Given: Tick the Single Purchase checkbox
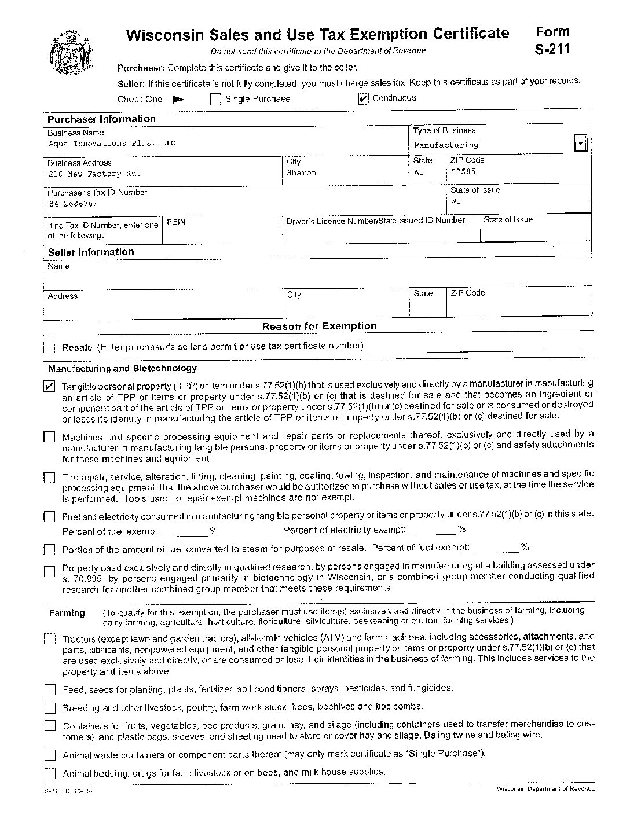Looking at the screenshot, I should point(215,100).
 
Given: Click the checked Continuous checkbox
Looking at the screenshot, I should point(363,99).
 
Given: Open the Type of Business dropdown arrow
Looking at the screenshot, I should point(580,143).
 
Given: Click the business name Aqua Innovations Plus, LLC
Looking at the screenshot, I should point(112,143).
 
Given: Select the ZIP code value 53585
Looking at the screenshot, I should point(463,172).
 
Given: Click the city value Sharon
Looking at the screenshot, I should point(301,173).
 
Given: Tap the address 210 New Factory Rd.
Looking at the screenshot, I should point(94,174).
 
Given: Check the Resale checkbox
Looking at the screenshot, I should point(49,347).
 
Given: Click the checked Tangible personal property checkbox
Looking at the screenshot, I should point(49,386).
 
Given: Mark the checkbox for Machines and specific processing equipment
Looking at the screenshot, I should point(49,437).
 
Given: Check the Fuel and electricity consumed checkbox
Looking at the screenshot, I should point(49,516).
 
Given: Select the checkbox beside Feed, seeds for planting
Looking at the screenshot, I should point(50,689).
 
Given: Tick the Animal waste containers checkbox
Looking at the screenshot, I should point(50,755).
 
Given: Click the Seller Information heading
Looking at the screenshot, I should point(91,252).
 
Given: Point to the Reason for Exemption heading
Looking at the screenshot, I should point(319,326).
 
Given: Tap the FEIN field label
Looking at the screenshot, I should point(176,222).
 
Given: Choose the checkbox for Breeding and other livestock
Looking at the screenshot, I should point(50,708).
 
